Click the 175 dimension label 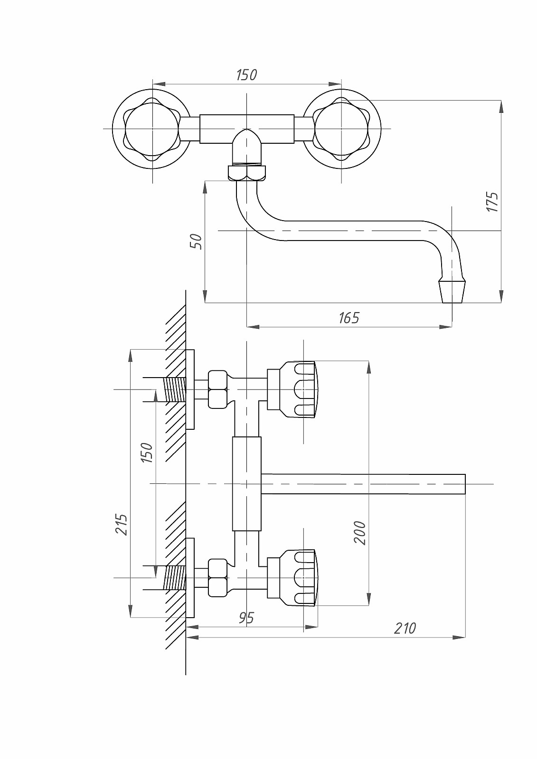tap(493, 202)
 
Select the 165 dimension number tap(349, 318)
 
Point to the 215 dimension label tap(122, 524)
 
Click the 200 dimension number tap(360, 533)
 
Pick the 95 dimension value tap(246, 618)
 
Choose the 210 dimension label tap(405, 628)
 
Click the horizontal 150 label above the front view tap(246, 75)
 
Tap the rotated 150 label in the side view tap(147, 453)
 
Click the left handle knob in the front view tap(152, 129)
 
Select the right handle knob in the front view tap(341, 129)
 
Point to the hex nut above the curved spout tap(247, 173)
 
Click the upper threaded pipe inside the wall tap(174, 389)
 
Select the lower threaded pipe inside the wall tap(174, 577)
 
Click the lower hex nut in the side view tap(218, 577)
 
